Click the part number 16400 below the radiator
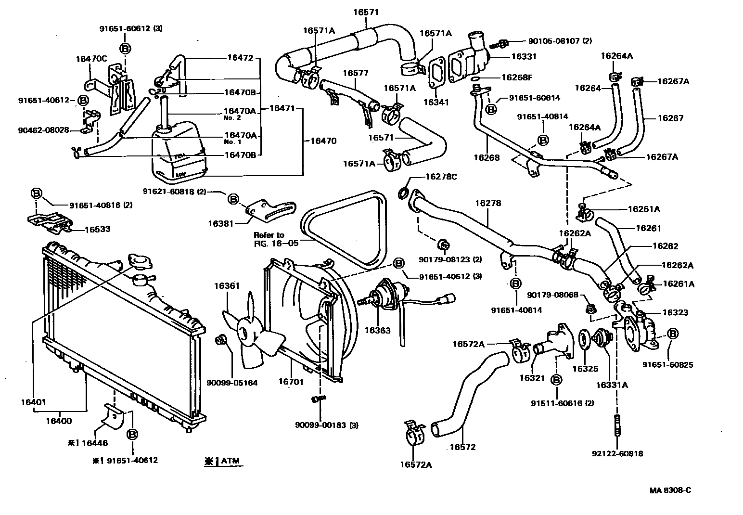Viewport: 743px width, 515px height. click(59, 421)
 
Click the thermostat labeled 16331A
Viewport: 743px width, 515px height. click(601, 336)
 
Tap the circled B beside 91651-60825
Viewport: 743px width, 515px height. click(673, 334)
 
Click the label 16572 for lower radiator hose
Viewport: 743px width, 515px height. click(462, 447)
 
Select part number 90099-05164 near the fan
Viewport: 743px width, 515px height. click(232, 383)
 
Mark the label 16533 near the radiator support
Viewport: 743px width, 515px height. click(97, 229)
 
